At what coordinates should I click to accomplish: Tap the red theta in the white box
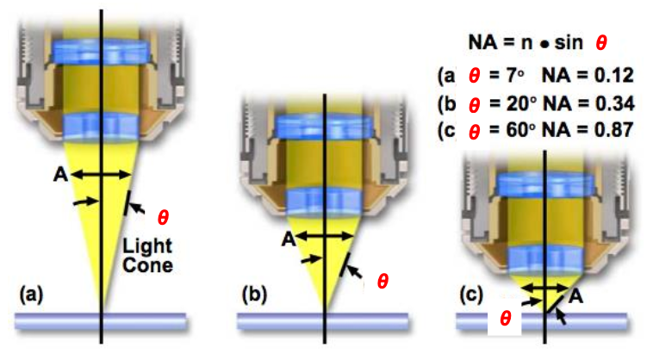pyautogui.click(x=507, y=319)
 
